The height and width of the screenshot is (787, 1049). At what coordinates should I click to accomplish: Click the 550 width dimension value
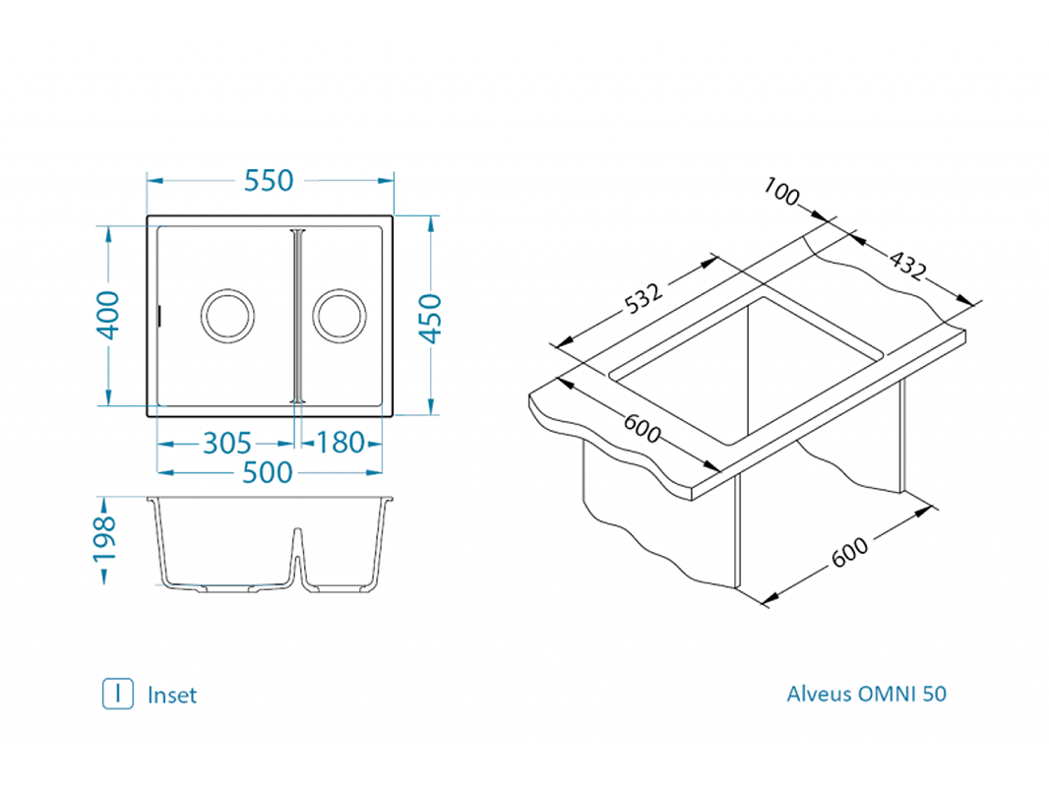269,181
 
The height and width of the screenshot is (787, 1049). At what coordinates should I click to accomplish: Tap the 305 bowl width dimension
226,443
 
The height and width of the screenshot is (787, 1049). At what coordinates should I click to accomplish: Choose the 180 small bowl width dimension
340,443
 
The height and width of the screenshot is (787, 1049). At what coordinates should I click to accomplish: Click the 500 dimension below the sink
268,473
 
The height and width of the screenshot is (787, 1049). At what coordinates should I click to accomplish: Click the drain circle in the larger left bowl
227,316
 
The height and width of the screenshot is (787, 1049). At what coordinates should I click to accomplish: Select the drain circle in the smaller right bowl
339,316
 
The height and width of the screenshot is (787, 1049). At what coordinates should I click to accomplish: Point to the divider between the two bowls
297,316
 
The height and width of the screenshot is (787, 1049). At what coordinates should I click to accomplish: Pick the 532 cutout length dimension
646,296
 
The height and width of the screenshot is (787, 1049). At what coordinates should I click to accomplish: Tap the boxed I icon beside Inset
117,694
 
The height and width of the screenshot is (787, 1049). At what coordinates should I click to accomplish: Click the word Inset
172,695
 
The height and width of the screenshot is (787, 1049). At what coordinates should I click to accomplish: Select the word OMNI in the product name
889,694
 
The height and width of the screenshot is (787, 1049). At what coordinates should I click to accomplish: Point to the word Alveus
819,694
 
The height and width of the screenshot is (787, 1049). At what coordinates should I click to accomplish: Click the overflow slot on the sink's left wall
159,315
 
